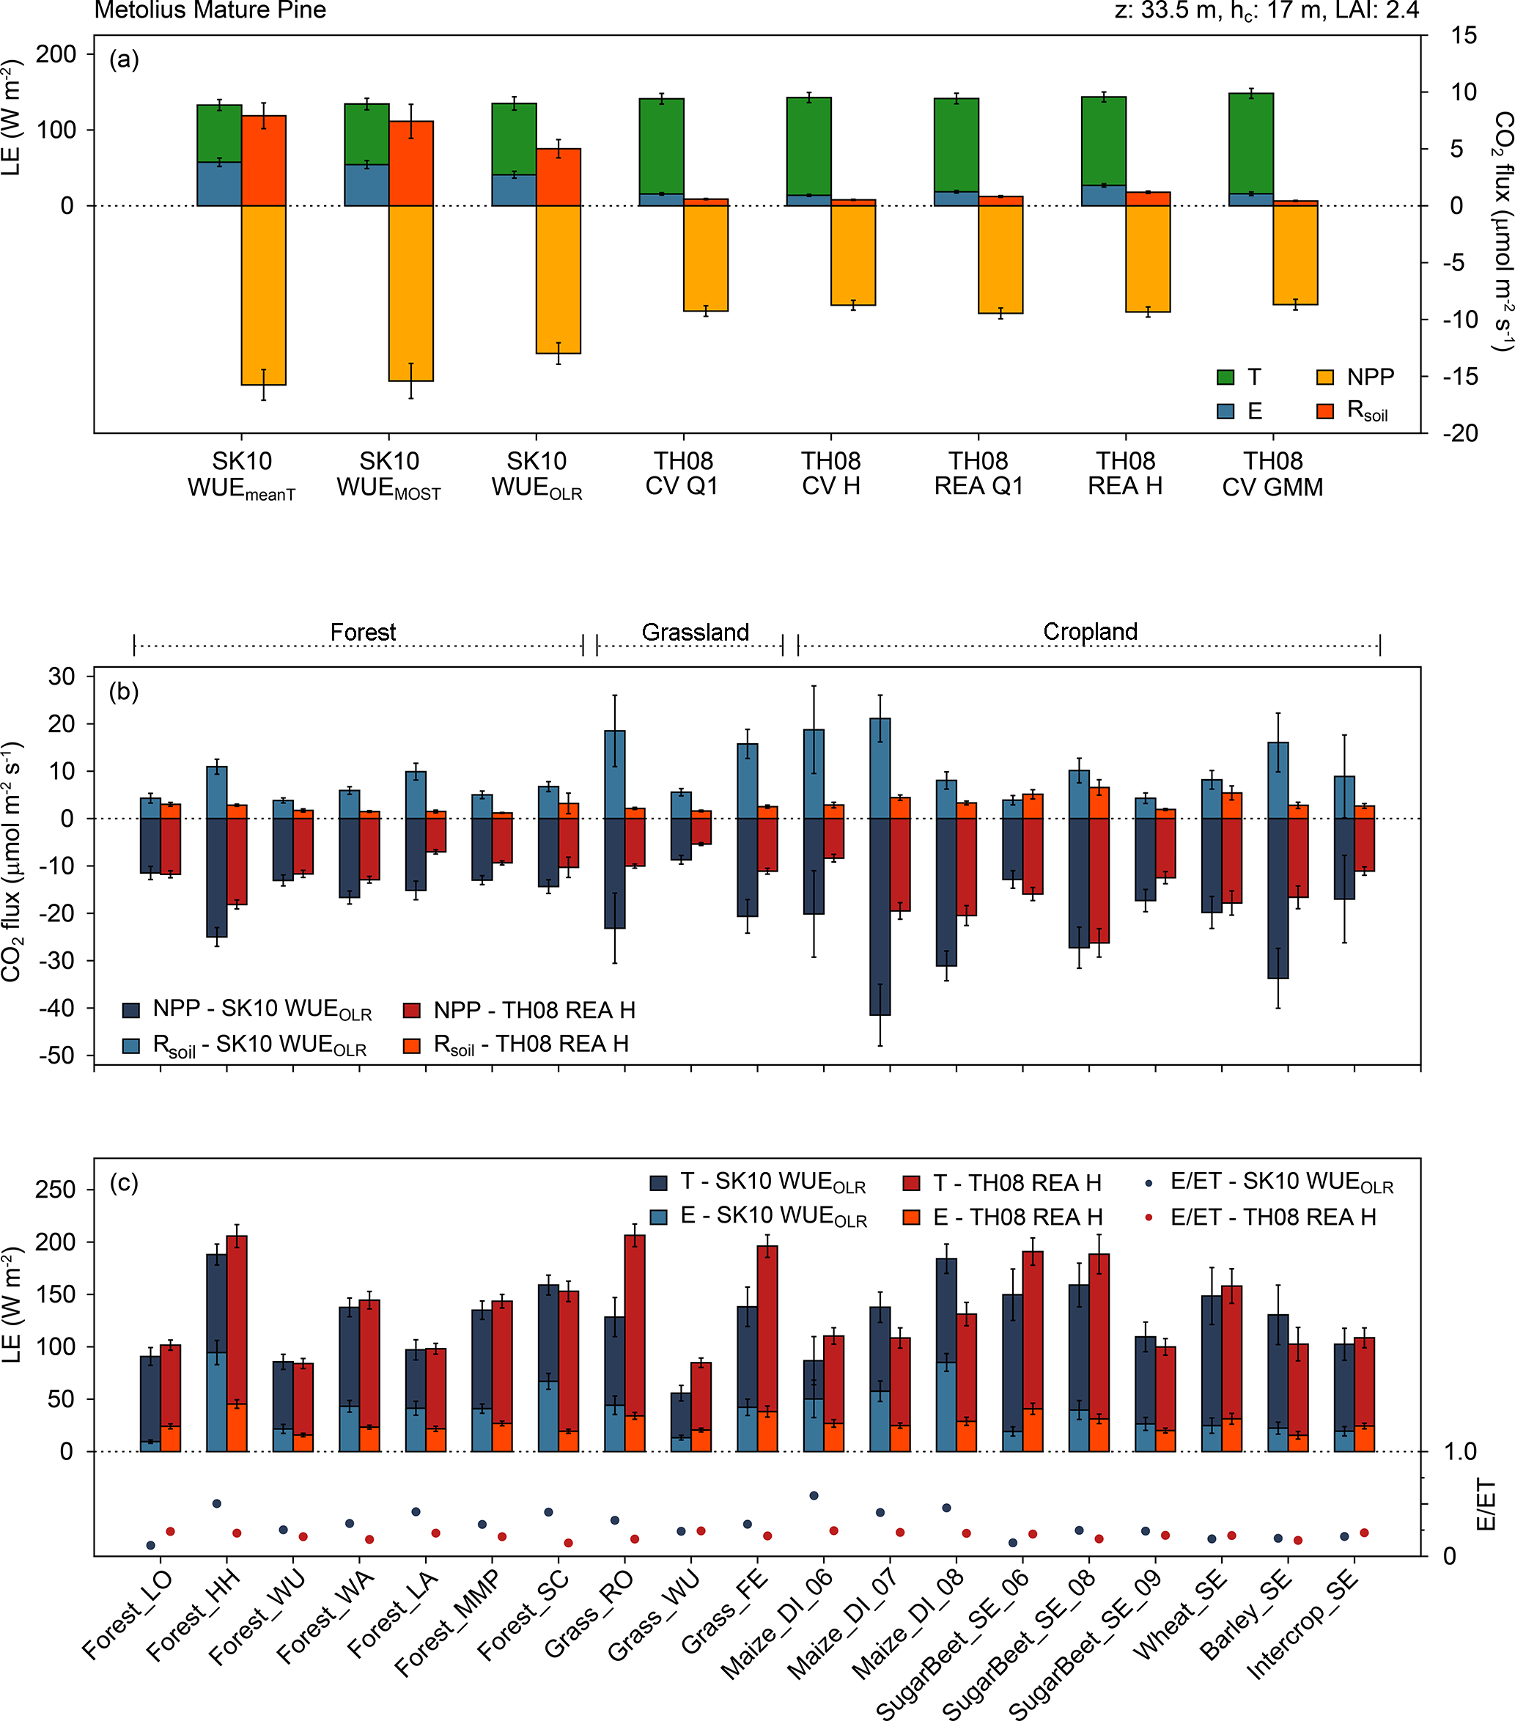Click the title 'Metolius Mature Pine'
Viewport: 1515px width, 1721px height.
[210, 10]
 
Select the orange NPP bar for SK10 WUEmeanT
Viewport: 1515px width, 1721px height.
[264, 295]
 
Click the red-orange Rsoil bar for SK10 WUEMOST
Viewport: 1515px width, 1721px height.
[411, 163]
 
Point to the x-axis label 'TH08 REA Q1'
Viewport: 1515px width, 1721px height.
[978, 473]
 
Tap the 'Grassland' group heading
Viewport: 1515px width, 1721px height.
[695, 633]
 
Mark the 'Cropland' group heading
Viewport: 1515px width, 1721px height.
[1090, 632]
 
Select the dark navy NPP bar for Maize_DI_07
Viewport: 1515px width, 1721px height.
[880, 916]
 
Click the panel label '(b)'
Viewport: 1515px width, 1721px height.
[124, 692]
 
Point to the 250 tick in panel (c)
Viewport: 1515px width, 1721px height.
[56, 1190]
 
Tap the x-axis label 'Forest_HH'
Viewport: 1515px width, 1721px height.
[192, 1618]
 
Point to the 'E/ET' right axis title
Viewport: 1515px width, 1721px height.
[1486, 1504]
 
